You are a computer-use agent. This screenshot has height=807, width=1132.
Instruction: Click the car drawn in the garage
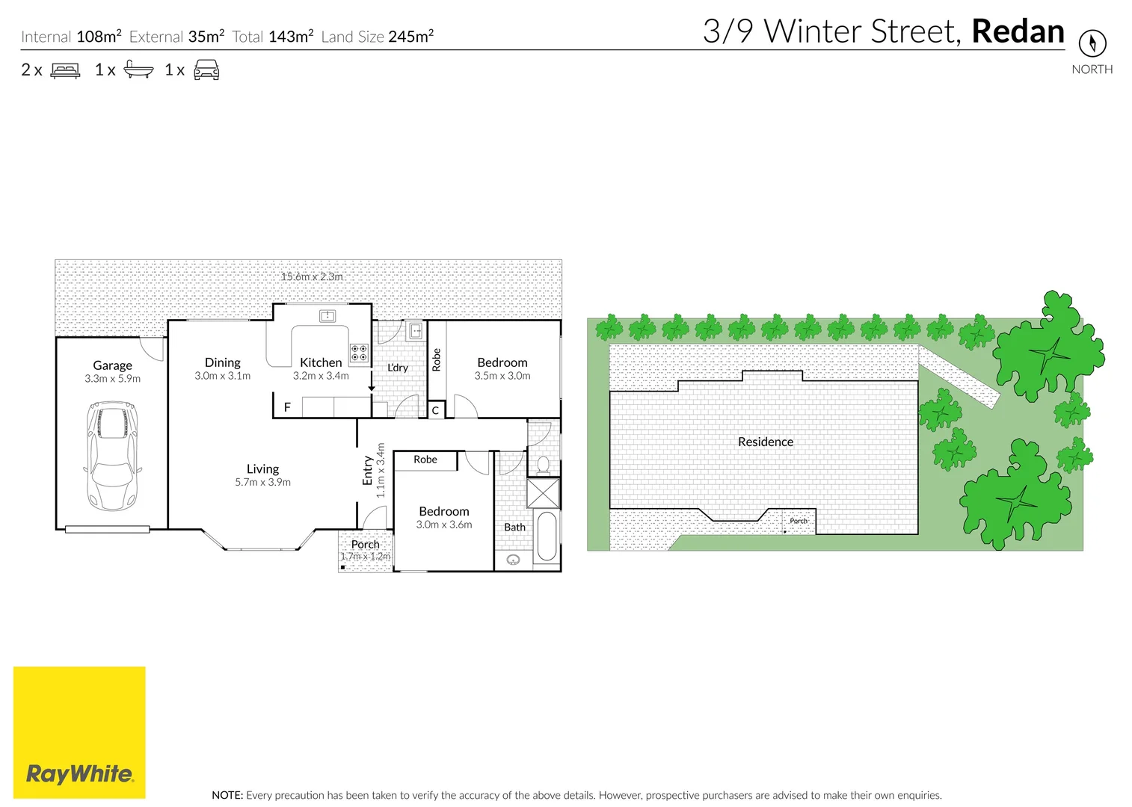[x=113, y=456]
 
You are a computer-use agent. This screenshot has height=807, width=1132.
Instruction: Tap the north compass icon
[x=1092, y=43]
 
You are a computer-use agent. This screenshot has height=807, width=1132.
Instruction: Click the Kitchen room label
[x=321, y=362]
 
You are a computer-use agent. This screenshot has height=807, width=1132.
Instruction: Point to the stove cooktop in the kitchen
[x=359, y=353]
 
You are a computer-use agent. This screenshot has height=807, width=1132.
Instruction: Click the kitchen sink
[x=327, y=316]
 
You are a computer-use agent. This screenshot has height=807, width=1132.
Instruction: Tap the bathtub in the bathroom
[x=547, y=536]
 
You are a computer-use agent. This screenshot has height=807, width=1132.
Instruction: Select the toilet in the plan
[x=543, y=466]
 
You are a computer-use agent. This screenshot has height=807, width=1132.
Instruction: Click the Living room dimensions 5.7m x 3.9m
[x=262, y=483]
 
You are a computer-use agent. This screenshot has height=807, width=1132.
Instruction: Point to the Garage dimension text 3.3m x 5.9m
[x=112, y=379]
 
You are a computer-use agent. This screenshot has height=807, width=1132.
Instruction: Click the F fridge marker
[x=287, y=407]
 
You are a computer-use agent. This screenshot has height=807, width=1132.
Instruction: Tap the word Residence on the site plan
[x=765, y=442]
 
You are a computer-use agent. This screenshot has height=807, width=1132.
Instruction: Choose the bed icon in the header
[x=65, y=70]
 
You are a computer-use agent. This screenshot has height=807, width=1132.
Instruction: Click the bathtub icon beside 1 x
[x=138, y=70]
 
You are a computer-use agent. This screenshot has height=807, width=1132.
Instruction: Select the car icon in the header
[x=206, y=70]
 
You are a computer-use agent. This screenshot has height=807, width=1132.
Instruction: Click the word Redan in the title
[x=1018, y=31]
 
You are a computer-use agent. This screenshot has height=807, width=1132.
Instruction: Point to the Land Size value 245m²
[x=410, y=37]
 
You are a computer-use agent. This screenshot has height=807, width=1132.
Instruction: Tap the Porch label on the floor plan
[x=366, y=544]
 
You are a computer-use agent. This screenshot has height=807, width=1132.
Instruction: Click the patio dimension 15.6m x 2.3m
[x=312, y=276]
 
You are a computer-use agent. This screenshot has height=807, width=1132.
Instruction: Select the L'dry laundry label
[x=398, y=368]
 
